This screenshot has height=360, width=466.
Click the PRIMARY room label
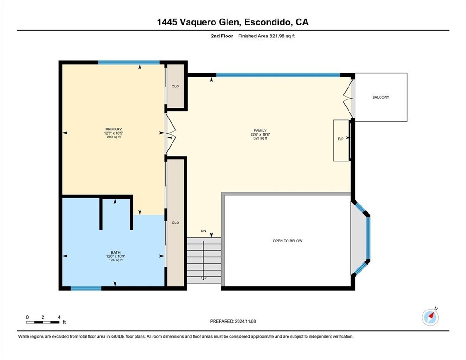(113, 129)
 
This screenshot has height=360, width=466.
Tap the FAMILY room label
(259, 130)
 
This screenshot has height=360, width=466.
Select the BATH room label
(116, 252)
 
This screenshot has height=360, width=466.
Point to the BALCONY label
(380, 97)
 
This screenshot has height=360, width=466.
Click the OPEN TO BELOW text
(287, 241)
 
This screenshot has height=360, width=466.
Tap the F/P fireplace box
(341, 138)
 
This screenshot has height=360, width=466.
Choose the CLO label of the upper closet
(175, 87)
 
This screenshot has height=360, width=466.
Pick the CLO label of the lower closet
(175, 223)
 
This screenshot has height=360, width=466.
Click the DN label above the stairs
(203, 230)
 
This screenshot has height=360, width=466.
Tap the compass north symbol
(430, 317)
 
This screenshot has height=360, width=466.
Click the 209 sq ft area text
(113, 137)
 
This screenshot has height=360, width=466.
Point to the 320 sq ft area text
(259, 138)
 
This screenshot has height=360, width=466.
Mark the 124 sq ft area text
(116, 260)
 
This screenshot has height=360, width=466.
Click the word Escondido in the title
(264, 22)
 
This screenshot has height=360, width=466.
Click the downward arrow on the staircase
(203, 278)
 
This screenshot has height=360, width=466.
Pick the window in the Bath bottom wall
(86, 288)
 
